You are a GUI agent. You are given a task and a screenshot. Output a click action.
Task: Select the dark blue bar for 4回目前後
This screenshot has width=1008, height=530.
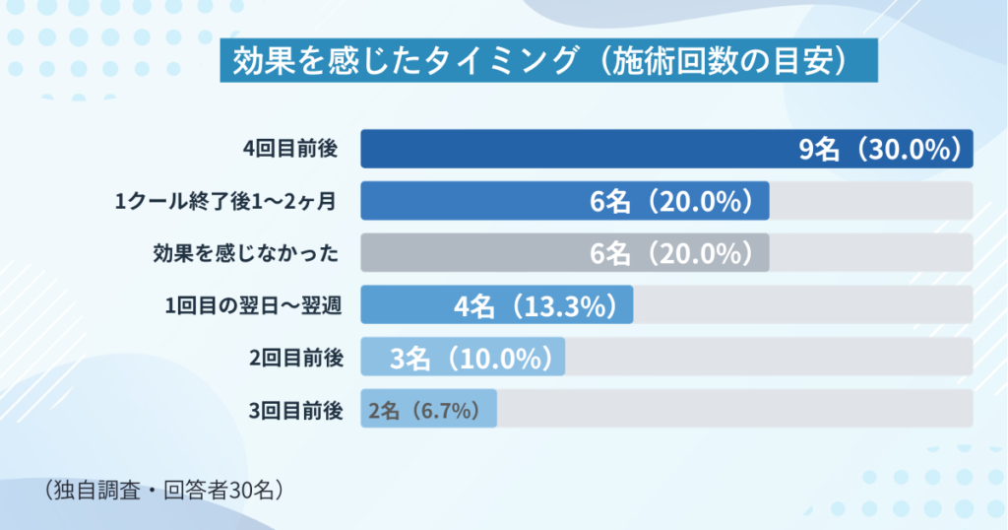[x=571, y=149]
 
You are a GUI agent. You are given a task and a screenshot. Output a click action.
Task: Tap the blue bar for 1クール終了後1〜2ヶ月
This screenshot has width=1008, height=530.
[x=472, y=201]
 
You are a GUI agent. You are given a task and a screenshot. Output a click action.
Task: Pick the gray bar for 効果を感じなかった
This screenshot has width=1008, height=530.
[x=472, y=253]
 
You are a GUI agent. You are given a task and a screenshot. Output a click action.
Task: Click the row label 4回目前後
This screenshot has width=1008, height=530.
[x=290, y=149]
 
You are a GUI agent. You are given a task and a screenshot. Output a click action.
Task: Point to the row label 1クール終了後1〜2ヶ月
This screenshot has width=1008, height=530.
[x=227, y=202]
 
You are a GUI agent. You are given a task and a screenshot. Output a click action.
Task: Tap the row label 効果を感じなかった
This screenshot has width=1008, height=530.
[x=246, y=254]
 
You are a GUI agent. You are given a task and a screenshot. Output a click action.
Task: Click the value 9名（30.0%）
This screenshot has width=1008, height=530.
[x=879, y=150]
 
